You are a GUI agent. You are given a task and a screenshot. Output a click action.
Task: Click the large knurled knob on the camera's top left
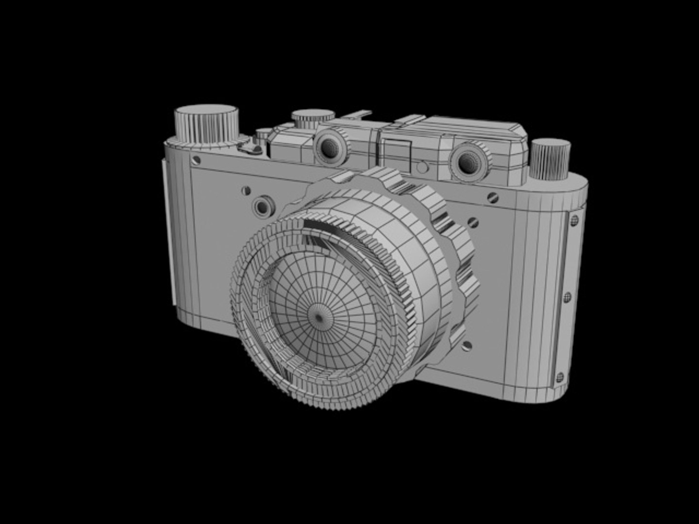[x=207, y=124]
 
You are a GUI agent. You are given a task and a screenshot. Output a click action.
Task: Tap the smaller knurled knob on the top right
[x=549, y=158]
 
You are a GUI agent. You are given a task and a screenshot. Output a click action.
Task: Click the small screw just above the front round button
[x=246, y=191]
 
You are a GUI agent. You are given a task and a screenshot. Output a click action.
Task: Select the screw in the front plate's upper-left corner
[x=196, y=160]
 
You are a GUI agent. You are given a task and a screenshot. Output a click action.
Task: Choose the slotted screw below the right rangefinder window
[x=492, y=197]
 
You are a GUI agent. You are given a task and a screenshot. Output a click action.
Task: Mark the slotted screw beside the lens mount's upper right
[x=472, y=222]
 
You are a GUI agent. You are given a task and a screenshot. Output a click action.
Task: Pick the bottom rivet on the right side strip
[x=560, y=376]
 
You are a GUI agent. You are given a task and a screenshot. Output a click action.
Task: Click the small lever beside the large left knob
[x=252, y=146]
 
